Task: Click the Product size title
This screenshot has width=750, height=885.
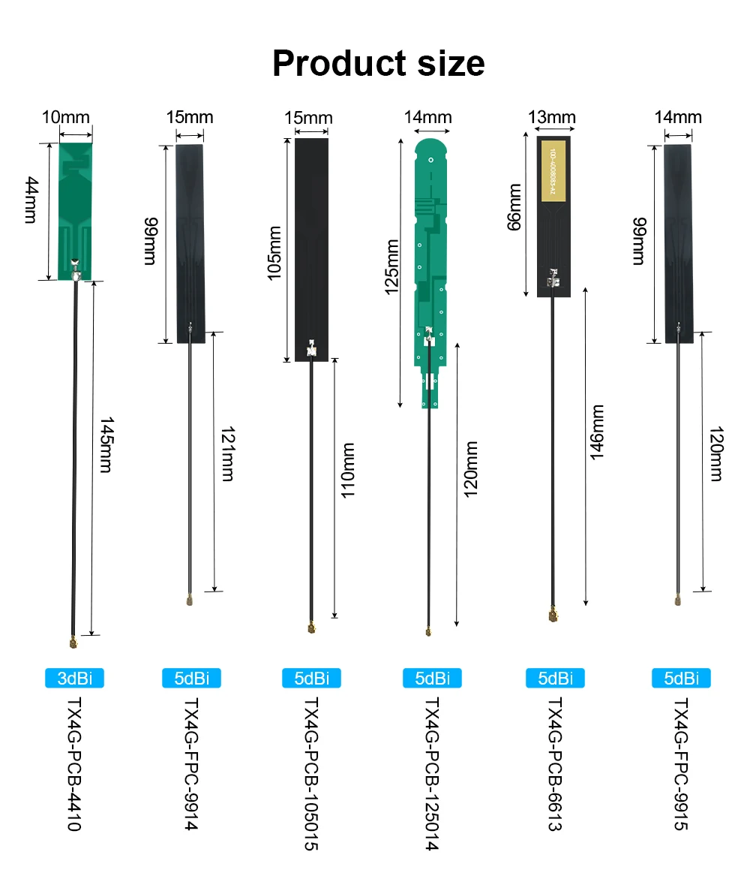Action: click(x=378, y=63)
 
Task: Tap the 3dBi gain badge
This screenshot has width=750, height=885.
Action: click(x=73, y=679)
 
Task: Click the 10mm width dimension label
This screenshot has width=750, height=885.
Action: click(x=65, y=117)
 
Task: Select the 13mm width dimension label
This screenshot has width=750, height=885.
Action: click(x=551, y=117)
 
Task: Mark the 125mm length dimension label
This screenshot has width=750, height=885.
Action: click(x=392, y=267)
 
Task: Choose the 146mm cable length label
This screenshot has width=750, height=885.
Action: click(x=597, y=433)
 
